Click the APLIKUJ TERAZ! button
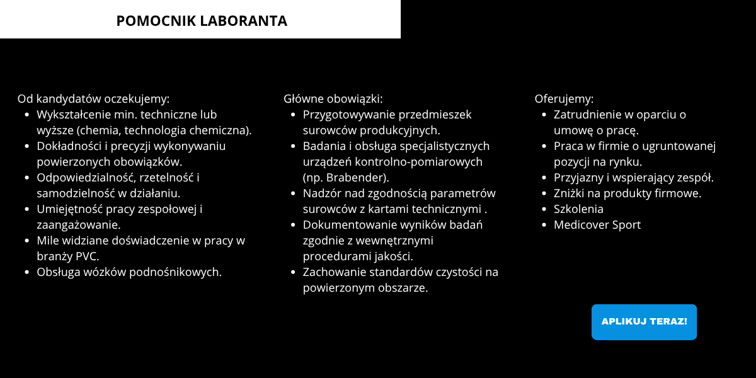[644, 322]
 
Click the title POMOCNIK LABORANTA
[202, 21]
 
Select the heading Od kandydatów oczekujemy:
[94, 99]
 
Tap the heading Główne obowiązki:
[333, 99]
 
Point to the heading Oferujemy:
[564, 99]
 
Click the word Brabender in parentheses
[358, 177]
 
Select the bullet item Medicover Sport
[597, 225]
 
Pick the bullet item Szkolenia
[578, 209]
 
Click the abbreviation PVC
[87, 256]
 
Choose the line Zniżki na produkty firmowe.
[627, 193]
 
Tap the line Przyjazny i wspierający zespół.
[633, 178]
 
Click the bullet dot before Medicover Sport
[544, 225]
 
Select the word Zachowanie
[332, 272]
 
